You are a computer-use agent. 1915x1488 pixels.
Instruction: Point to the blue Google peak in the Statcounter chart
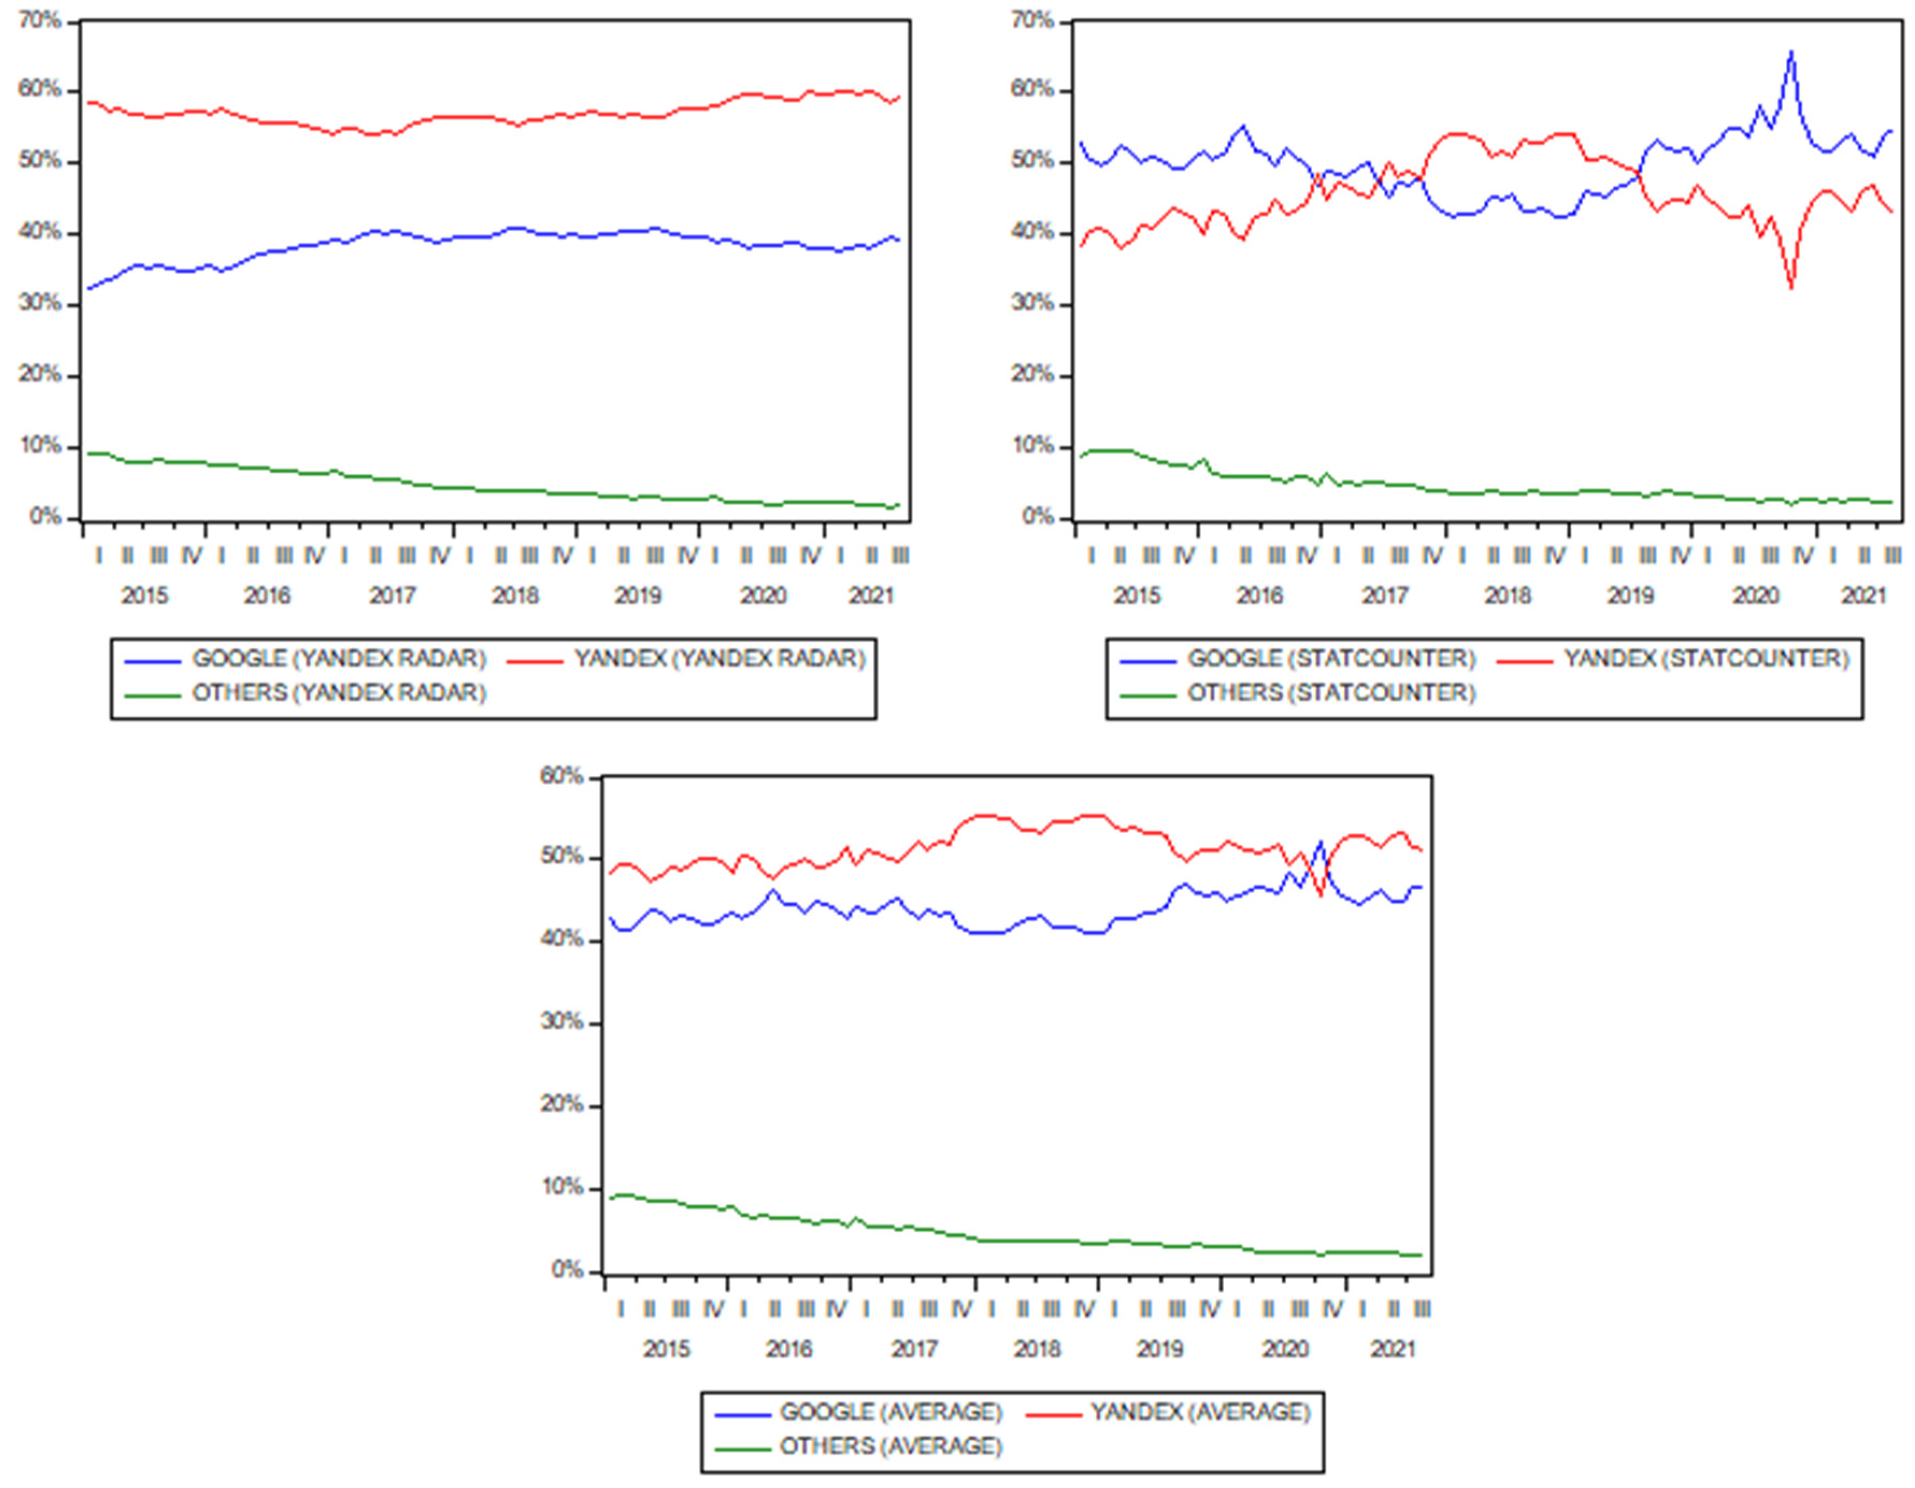coord(1790,53)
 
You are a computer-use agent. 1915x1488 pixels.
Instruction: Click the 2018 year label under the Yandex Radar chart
coord(515,596)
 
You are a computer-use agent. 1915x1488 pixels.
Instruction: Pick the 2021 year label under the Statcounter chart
coord(1863,596)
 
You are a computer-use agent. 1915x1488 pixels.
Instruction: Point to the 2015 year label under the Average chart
coord(666,1349)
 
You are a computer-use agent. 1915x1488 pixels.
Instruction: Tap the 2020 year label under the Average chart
coord(1285,1349)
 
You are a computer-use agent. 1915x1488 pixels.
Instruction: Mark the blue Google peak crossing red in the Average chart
coord(1319,843)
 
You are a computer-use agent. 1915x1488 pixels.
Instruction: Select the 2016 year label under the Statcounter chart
coord(1259,596)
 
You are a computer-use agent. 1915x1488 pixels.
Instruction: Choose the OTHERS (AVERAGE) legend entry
coord(890,1446)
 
